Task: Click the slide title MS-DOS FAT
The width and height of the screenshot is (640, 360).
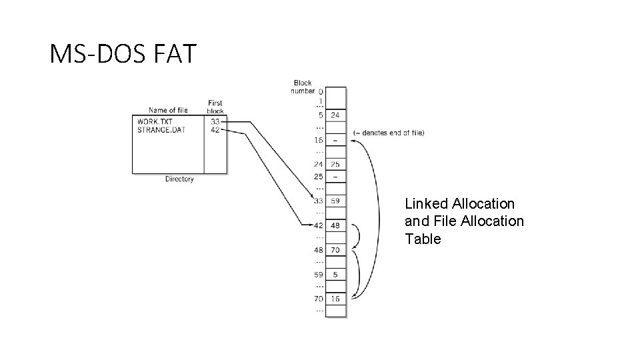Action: tap(123, 53)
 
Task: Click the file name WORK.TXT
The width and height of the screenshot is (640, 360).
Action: tap(155, 122)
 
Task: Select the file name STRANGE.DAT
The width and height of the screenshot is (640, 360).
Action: tap(161, 130)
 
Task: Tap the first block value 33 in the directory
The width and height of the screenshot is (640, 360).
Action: tap(215, 122)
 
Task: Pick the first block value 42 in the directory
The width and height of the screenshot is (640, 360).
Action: tap(215, 130)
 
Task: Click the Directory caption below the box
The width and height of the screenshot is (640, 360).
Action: tap(179, 179)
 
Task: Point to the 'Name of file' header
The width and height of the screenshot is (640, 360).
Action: tap(168, 111)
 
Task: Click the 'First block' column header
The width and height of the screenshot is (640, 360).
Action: tap(215, 107)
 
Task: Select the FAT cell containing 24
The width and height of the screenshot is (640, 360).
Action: tap(335, 115)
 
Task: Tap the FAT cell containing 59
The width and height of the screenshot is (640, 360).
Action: tap(335, 200)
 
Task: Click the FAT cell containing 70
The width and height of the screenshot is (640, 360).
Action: tap(335, 250)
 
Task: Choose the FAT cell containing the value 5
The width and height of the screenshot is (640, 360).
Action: tap(335, 273)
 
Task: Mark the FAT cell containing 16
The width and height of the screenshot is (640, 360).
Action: tap(335, 299)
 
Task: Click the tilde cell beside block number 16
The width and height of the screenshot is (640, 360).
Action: tap(335, 141)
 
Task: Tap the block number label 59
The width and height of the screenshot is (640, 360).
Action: tap(319, 273)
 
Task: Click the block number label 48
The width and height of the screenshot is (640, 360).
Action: tap(319, 250)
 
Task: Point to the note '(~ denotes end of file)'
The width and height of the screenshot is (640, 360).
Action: tap(389, 133)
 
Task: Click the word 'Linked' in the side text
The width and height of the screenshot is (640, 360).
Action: tap(427, 203)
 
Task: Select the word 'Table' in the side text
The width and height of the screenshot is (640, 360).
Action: tap(423, 239)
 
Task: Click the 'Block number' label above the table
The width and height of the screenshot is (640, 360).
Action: tap(303, 87)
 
